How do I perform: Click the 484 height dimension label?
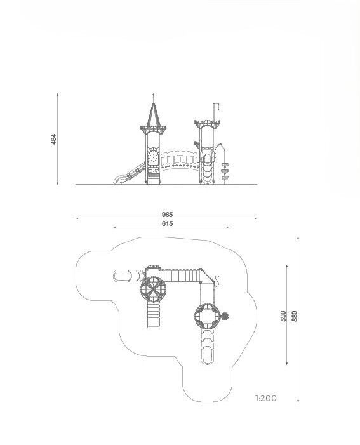pos(53,140)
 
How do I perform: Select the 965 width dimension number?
pos(167,215)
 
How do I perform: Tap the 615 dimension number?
pos(167,223)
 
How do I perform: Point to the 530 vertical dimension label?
pos(283,316)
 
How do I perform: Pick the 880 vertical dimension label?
pos(295,316)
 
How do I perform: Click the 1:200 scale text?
pos(266,399)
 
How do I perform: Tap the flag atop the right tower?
pos(217,107)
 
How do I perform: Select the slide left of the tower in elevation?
pos(130,173)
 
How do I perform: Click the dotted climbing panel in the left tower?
pos(153,157)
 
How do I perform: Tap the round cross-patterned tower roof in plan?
pos(153,289)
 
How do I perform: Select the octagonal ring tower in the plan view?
pos(207,316)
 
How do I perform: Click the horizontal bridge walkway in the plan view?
pos(181,276)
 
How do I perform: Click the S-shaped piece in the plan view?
pos(217,280)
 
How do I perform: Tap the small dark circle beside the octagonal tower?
pos(225,316)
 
